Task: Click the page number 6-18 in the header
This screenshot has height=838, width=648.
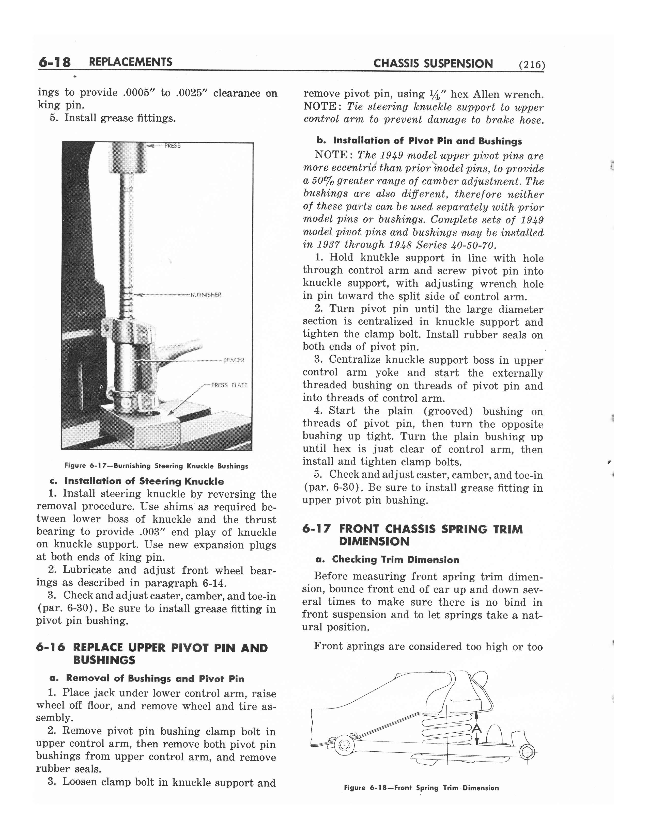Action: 55,62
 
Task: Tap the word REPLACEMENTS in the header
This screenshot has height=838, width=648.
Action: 130,62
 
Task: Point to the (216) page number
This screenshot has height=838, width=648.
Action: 531,65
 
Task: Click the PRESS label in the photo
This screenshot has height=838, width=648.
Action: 172,146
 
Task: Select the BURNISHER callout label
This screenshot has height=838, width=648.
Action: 206,295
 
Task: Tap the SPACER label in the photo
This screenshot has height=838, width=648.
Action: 233,360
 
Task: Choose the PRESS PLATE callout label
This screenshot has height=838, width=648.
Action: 229,385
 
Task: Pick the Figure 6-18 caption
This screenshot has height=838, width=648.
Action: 421,788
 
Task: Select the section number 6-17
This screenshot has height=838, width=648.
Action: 316,529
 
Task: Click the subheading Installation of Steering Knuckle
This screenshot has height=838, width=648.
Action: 144,481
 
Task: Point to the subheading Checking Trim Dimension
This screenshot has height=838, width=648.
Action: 395,559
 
